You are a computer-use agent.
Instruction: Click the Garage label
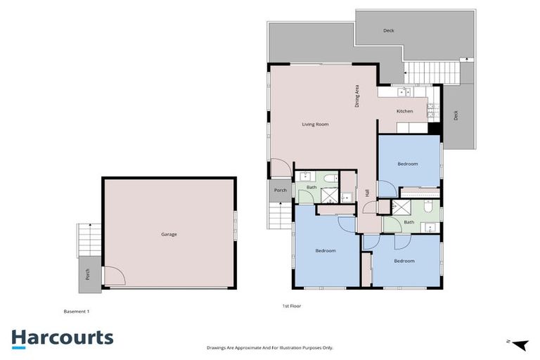click(x=168, y=234)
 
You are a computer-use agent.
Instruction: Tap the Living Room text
click(x=315, y=124)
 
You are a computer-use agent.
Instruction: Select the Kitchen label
click(x=404, y=112)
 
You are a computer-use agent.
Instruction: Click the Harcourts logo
click(x=63, y=337)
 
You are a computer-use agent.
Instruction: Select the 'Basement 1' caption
click(x=77, y=311)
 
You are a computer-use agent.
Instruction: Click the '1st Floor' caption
click(x=292, y=307)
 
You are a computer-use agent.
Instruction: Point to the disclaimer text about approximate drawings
click(x=269, y=347)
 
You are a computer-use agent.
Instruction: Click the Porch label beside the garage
click(x=88, y=275)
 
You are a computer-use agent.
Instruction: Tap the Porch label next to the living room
click(x=280, y=190)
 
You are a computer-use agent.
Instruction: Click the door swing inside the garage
click(x=112, y=276)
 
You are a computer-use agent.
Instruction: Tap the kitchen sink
click(x=404, y=91)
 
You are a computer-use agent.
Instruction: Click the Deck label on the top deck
click(x=388, y=31)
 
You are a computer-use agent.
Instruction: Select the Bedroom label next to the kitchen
click(x=407, y=164)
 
